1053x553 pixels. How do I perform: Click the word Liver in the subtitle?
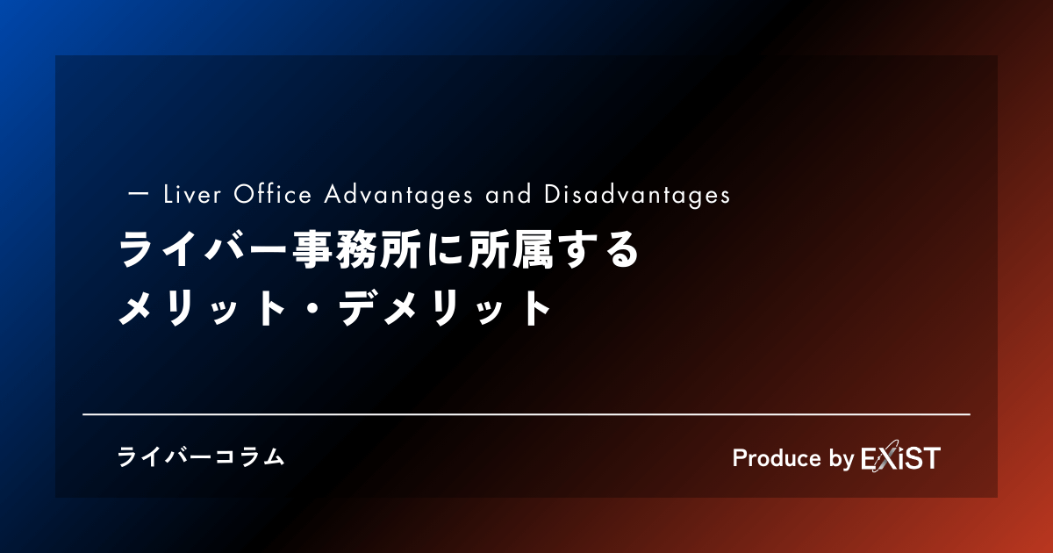192,194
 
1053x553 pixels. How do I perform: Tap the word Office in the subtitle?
273,194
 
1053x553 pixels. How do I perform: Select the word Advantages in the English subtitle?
398,195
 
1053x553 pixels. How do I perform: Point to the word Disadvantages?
637,195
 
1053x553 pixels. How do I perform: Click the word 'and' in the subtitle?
509,194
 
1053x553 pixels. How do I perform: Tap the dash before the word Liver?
139,194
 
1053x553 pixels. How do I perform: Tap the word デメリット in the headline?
445,308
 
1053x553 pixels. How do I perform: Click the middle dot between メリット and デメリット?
312,308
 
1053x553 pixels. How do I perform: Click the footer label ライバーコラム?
201,457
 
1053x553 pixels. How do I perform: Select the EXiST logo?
900,456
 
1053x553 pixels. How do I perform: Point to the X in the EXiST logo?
886,456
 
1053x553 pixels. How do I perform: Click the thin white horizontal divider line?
526,414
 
